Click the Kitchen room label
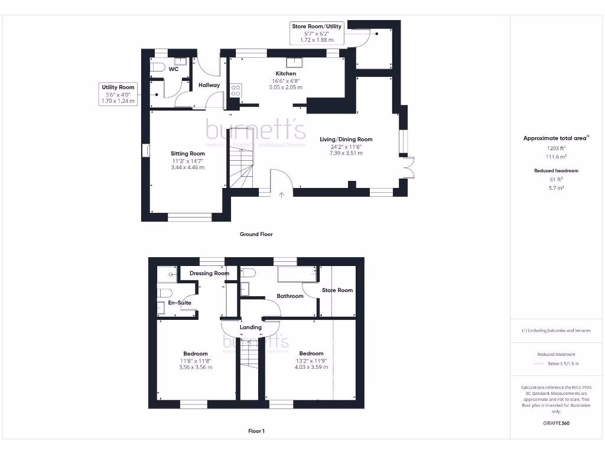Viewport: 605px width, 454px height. click(286, 73)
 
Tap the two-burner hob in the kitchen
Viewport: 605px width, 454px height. click(236, 90)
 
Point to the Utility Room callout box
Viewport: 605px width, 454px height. click(119, 94)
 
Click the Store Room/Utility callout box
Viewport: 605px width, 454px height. click(317, 33)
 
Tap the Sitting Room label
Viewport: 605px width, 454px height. click(188, 154)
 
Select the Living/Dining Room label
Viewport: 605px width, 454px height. click(346, 140)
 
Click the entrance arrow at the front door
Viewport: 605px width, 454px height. click(281, 193)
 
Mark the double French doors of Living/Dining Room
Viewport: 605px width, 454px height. click(406, 167)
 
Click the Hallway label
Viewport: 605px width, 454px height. click(209, 85)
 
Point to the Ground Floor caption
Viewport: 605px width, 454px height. click(256, 234)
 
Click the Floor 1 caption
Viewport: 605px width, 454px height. click(256, 431)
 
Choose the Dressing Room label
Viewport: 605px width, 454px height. click(209, 274)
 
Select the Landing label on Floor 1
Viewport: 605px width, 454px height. click(251, 327)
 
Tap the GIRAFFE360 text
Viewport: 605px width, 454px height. click(556, 423)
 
